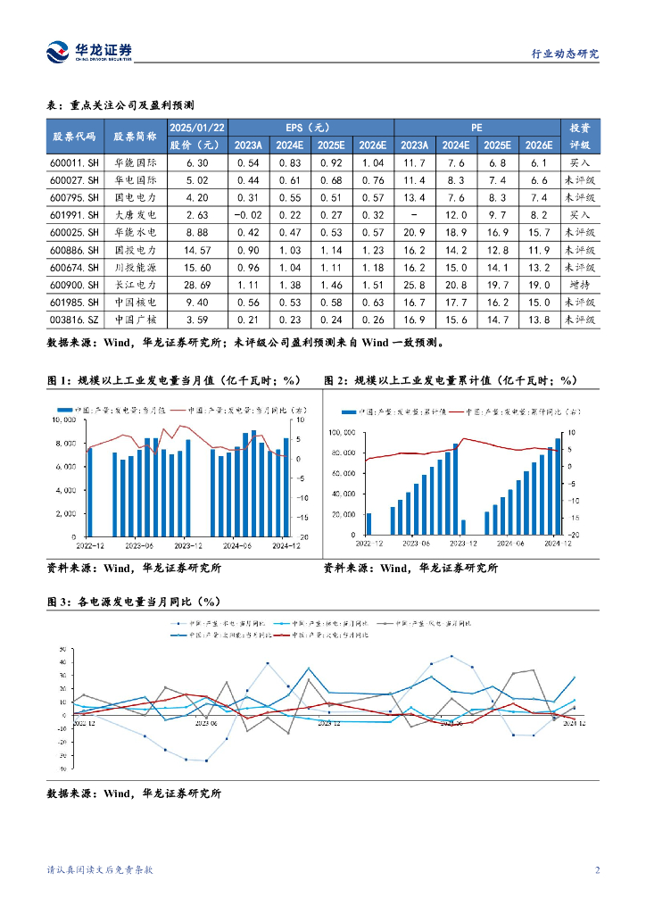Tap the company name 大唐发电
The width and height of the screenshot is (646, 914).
135,215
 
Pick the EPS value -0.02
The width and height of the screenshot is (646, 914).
245,215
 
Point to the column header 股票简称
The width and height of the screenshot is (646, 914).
135,137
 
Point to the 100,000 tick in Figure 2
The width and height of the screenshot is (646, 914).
342,432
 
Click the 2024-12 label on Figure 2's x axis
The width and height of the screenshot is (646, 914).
557,542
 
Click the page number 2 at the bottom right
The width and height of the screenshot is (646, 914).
596,870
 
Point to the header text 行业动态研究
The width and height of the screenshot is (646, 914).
560,54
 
